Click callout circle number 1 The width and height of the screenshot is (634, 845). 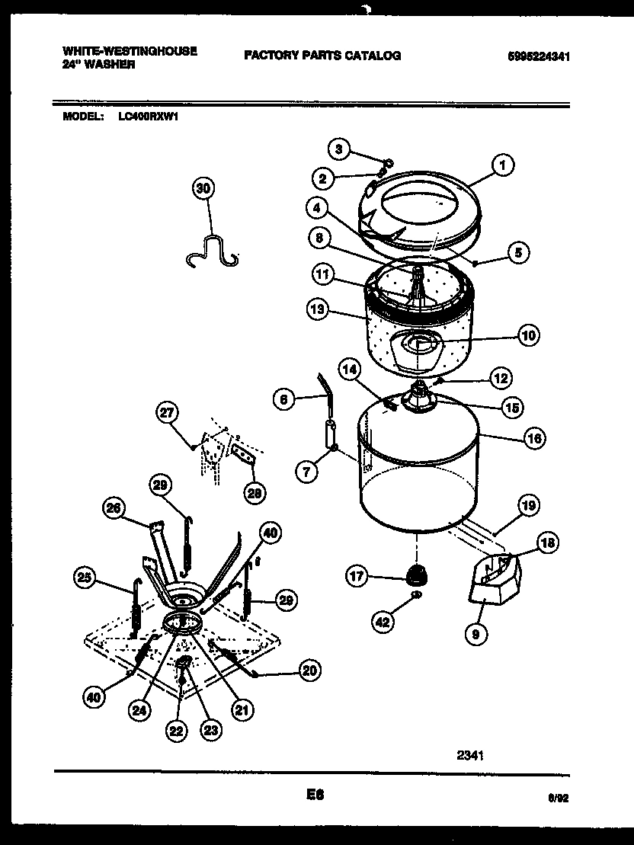click(501, 164)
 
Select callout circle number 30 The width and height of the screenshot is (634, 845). click(203, 188)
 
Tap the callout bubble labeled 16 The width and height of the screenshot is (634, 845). click(534, 438)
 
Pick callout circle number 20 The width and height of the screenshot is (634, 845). click(309, 671)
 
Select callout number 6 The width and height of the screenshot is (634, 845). click(283, 398)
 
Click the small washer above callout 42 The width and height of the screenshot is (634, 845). click(416, 594)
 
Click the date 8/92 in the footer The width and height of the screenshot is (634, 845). click(559, 798)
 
